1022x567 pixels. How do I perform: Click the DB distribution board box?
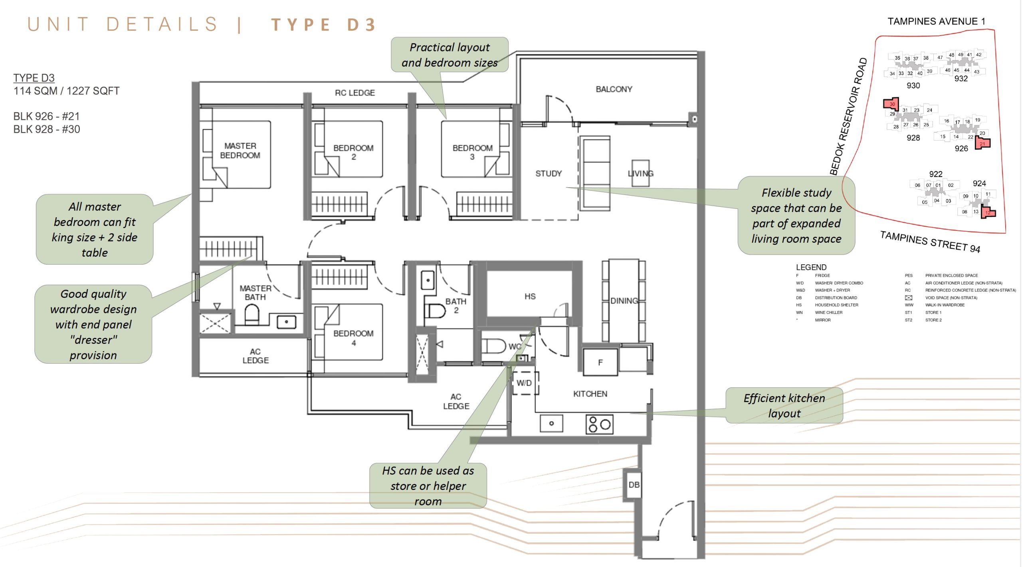[634, 485]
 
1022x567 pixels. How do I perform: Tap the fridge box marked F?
[600, 362]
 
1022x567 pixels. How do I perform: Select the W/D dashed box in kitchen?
[525, 383]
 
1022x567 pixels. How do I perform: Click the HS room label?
[530, 296]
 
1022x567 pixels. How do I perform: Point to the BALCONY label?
[614, 89]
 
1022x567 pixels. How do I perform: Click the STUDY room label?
[548, 173]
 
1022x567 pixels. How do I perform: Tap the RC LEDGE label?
[355, 93]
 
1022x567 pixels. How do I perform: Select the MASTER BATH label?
[255, 293]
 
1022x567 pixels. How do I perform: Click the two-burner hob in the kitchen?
[599, 424]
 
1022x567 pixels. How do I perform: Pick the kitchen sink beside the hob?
[551, 423]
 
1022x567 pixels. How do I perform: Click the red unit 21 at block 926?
[982, 143]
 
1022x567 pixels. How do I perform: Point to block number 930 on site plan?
[913, 85]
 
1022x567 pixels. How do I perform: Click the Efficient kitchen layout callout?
[784, 405]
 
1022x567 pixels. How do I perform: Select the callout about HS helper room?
[428, 486]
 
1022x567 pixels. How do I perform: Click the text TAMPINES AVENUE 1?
[936, 21]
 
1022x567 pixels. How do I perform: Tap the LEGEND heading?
[811, 267]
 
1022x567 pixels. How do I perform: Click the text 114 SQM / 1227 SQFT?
[66, 91]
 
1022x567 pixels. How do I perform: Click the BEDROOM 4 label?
[353, 338]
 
